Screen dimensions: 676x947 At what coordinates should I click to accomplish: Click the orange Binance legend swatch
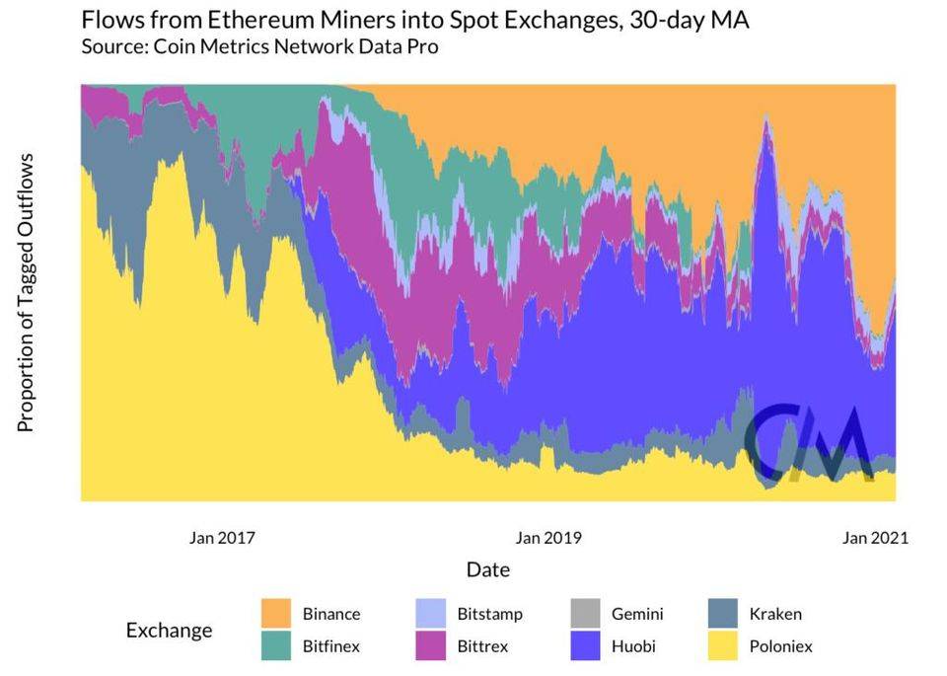(x=277, y=613)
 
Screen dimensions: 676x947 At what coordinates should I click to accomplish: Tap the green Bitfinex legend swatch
(x=277, y=646)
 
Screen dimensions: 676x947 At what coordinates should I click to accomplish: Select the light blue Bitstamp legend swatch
(x=432, y=613)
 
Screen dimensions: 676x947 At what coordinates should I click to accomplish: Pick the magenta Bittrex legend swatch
(x=432, y=646)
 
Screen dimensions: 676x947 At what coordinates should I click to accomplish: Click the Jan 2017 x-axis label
(x=222, y=538)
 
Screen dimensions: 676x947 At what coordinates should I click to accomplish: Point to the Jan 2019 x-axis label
(x=548, y=538)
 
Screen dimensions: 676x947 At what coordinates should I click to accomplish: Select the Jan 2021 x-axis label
(x=874, y=538)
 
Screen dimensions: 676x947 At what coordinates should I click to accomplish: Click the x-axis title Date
(x=487, y=570)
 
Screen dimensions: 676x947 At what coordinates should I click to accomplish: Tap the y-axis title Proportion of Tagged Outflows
(x=27, y=292)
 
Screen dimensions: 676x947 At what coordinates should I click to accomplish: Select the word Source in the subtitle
(x=115, y=47)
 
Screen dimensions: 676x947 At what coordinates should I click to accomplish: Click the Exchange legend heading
(x=169, y=630)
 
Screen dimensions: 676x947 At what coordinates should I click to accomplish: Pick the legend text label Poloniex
(x=780, y=646)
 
